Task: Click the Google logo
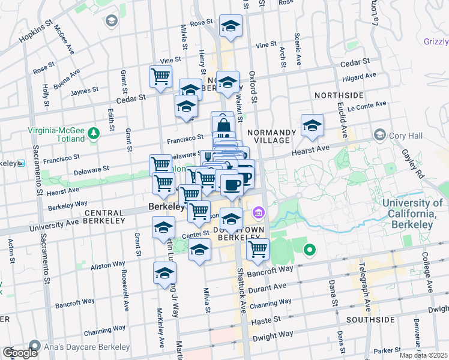(x=19, y=353)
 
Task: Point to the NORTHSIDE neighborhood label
(x=339, y=95)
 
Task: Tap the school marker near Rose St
(x=231, y=26)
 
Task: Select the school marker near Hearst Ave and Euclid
(x=312, y=125)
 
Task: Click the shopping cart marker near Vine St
(x=160, y=77)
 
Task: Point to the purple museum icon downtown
(x=259, y=212)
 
